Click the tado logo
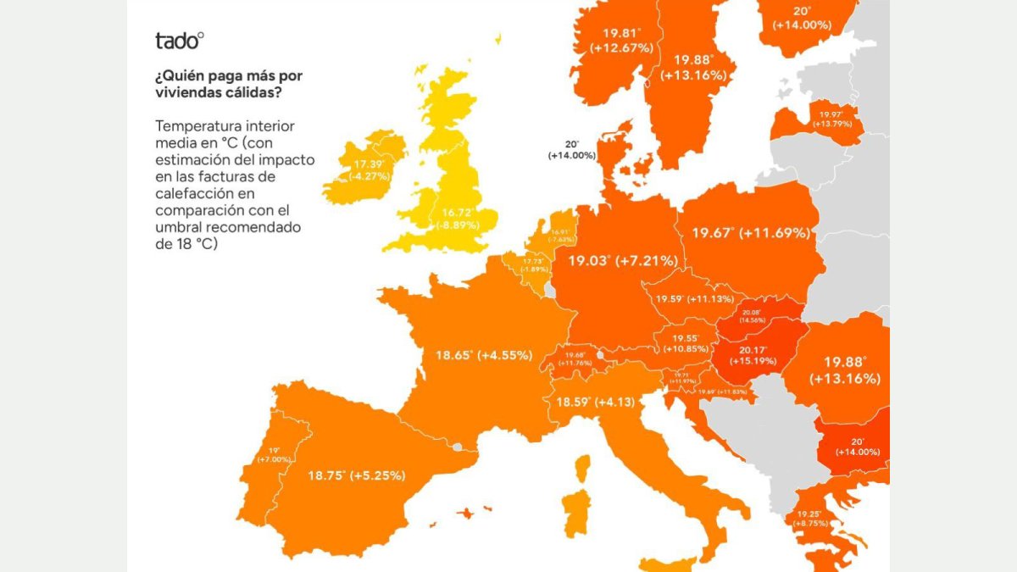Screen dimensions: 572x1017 pos(179,40)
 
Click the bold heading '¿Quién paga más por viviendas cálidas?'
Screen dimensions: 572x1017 pos(229,84)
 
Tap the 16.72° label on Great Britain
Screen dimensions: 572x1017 pos(457,219)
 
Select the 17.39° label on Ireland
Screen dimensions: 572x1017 pos(370,169)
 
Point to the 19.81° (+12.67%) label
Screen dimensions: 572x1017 pos(622,41)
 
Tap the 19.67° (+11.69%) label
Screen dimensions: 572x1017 pos(751,232)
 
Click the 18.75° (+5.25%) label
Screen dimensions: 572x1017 pos(355,475)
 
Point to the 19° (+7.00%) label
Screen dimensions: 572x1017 pos(274,454)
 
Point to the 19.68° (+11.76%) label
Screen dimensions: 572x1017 pos(575,359)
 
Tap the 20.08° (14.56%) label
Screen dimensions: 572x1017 pos(752,316)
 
